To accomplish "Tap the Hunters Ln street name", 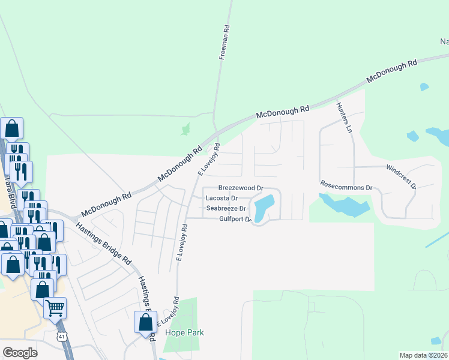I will coord(344,116).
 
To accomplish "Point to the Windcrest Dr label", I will coord(401,177).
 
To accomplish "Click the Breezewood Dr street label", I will coord(241,188).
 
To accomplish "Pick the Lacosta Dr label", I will coord(221,198).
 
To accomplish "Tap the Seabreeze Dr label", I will coord(226,208).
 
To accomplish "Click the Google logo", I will coord(20,352).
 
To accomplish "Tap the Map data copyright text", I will coord(424,355).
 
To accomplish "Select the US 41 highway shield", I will coord(62,337).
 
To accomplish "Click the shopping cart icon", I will coord(55,308).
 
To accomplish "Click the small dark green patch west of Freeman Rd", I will coord(185,128).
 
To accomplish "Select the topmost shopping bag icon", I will coord(11,128).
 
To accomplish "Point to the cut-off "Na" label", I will coord(444,42).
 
